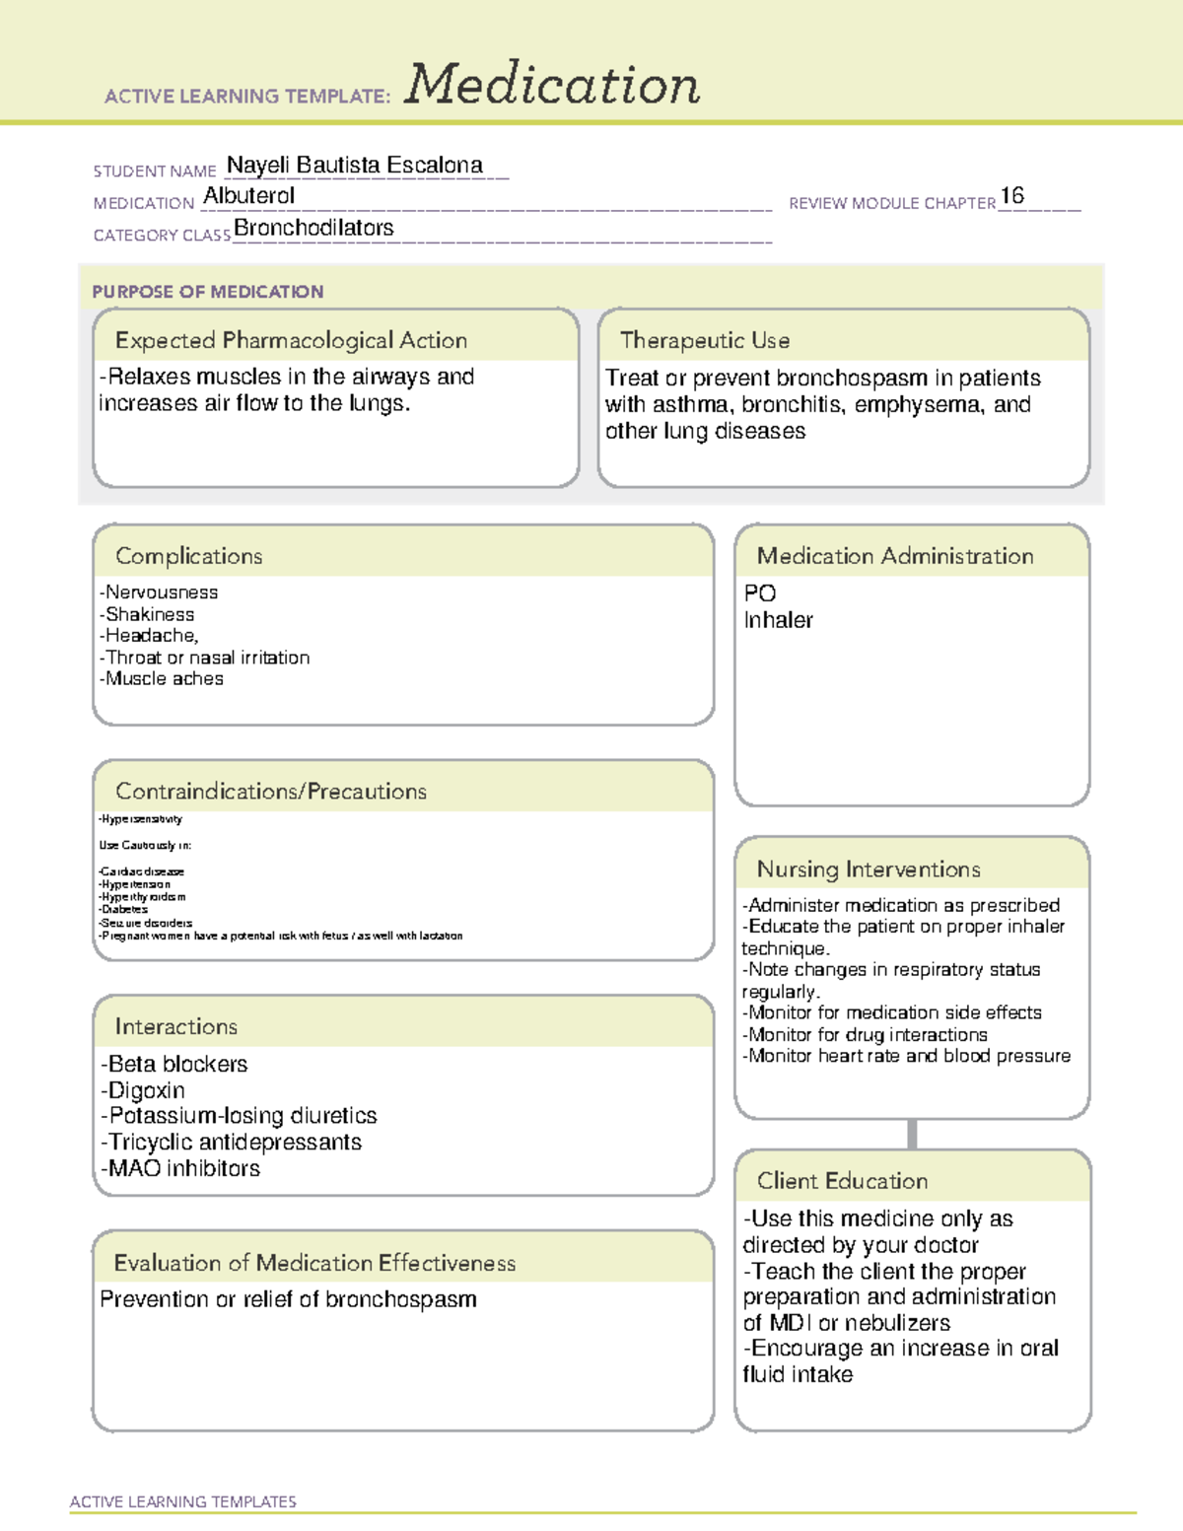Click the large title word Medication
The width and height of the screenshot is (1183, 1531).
pyautogui.click(x=552, y=85)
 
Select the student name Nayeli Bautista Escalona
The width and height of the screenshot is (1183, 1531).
pyautogui.click(x=355, y=166)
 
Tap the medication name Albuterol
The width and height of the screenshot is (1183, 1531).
pyautogui.click(x=248, y=196)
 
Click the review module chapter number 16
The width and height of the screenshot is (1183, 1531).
pyautogui.click(x=1011, y=196)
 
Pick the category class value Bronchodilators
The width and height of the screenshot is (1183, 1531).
pyautogui.click(x=313, y=228)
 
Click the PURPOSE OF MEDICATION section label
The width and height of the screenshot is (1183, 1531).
pyautogui.click(x=208, y=292)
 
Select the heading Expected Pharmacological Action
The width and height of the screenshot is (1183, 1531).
pyautogui.click(x=291, y=340)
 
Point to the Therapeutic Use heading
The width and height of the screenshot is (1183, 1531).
pyautogui.click(x=704, y=340)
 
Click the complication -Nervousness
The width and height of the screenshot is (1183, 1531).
pyautogui.click(x=159, y=592)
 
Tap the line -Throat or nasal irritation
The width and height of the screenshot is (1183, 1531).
pyautogui.click(x=204, y=658)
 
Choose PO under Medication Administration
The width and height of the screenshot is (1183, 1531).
pyautogui.click(x=760, y=593)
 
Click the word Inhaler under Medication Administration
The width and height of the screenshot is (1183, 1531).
pyautogui.click(x=778, y=620)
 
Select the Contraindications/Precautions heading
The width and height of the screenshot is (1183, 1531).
pyautogui.click(x=271, y=792)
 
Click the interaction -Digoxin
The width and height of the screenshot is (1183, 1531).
pyautogui.click(x=143, y=1090)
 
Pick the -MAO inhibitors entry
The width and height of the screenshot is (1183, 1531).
pyautogui.click(x=180, y=1168)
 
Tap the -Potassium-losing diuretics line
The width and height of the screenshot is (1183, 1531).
pyautogui.click(x=239, y=1116)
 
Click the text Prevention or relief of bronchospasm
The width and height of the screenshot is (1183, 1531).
pyautogui.click(x=288, y=1299)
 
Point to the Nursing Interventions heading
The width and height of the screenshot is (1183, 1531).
pyautogui.click(x=869, y=870)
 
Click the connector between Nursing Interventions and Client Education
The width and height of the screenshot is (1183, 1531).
pyautogui.click(x=912, y=1134)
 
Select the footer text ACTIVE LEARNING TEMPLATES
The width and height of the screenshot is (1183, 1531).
pyautogui.click(x=183, y=1501)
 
